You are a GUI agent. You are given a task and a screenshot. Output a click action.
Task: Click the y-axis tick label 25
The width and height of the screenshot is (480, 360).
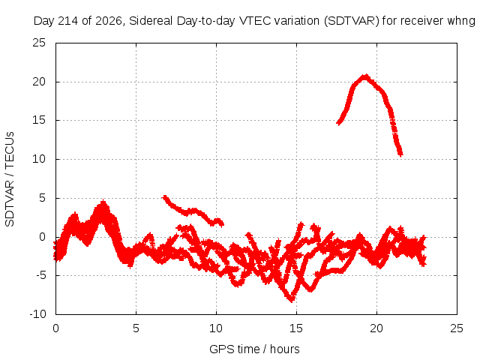(39, 43)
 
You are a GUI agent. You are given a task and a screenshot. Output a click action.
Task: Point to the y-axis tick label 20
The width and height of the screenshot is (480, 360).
(39, 82)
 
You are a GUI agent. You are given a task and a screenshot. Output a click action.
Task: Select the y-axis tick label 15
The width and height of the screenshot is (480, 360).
(39, 120)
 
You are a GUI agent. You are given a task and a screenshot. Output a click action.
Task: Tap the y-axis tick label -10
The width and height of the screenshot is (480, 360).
(37, 314)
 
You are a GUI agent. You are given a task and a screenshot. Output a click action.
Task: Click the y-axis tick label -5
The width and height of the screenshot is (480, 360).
(41, 275)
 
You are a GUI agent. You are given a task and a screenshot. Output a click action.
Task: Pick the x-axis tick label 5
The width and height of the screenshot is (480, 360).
(136, 328)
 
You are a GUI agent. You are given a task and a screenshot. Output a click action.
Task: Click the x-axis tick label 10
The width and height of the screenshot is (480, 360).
(216, 328)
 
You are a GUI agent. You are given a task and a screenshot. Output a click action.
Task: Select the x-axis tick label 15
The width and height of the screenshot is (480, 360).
(296, 328)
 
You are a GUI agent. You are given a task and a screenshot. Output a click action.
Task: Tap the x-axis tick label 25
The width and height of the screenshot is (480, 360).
(457, 328)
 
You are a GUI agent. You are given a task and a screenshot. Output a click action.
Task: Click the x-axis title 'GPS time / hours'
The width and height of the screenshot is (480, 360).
(254, 349)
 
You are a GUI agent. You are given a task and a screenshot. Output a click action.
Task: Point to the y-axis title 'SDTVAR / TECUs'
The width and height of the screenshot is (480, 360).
(10, 179)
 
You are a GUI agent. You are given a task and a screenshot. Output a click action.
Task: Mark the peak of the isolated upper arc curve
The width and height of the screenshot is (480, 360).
(365, 76)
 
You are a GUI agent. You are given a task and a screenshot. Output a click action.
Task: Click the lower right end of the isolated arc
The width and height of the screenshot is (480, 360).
(400, 154)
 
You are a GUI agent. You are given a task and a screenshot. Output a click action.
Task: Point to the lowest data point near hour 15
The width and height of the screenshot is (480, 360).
(291, 300)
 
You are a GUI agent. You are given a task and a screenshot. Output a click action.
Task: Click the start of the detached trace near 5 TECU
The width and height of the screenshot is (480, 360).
(165, 197)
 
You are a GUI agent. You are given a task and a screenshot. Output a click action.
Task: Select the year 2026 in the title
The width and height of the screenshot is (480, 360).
(109, 21)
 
